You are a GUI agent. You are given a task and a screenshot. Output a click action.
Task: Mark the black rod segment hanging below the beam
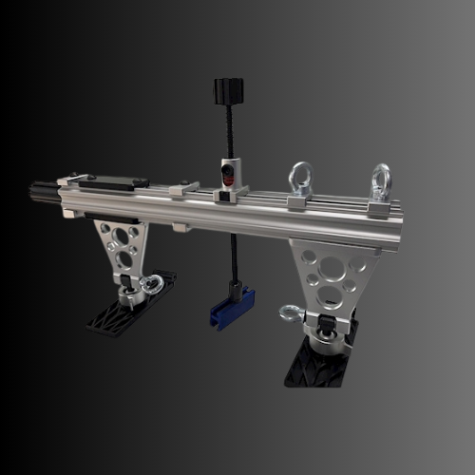[232, 256]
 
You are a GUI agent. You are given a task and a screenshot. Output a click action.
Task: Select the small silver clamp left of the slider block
[182, 190]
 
